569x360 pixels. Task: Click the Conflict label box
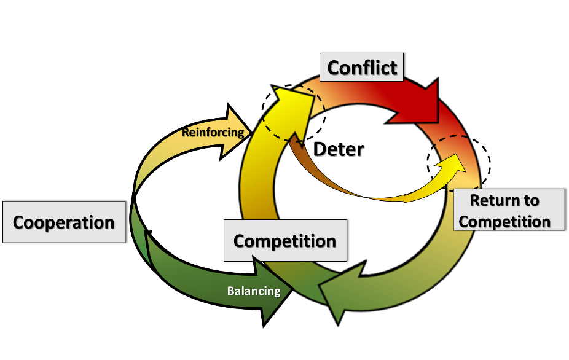click(x=362, y=67)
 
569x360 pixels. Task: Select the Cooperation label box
click(x=64, y=222)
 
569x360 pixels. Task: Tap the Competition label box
click(x=285, y=240)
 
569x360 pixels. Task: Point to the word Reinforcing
click(x=213, y=132)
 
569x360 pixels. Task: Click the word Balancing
click(x=254, y=291)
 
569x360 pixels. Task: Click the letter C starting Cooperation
click(x=19, y=222)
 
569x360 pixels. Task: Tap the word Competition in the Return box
click(x=504, y=221)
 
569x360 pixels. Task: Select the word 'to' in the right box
click(x=532, y=200)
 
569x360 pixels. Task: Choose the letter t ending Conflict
click(x=393, y=68)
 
